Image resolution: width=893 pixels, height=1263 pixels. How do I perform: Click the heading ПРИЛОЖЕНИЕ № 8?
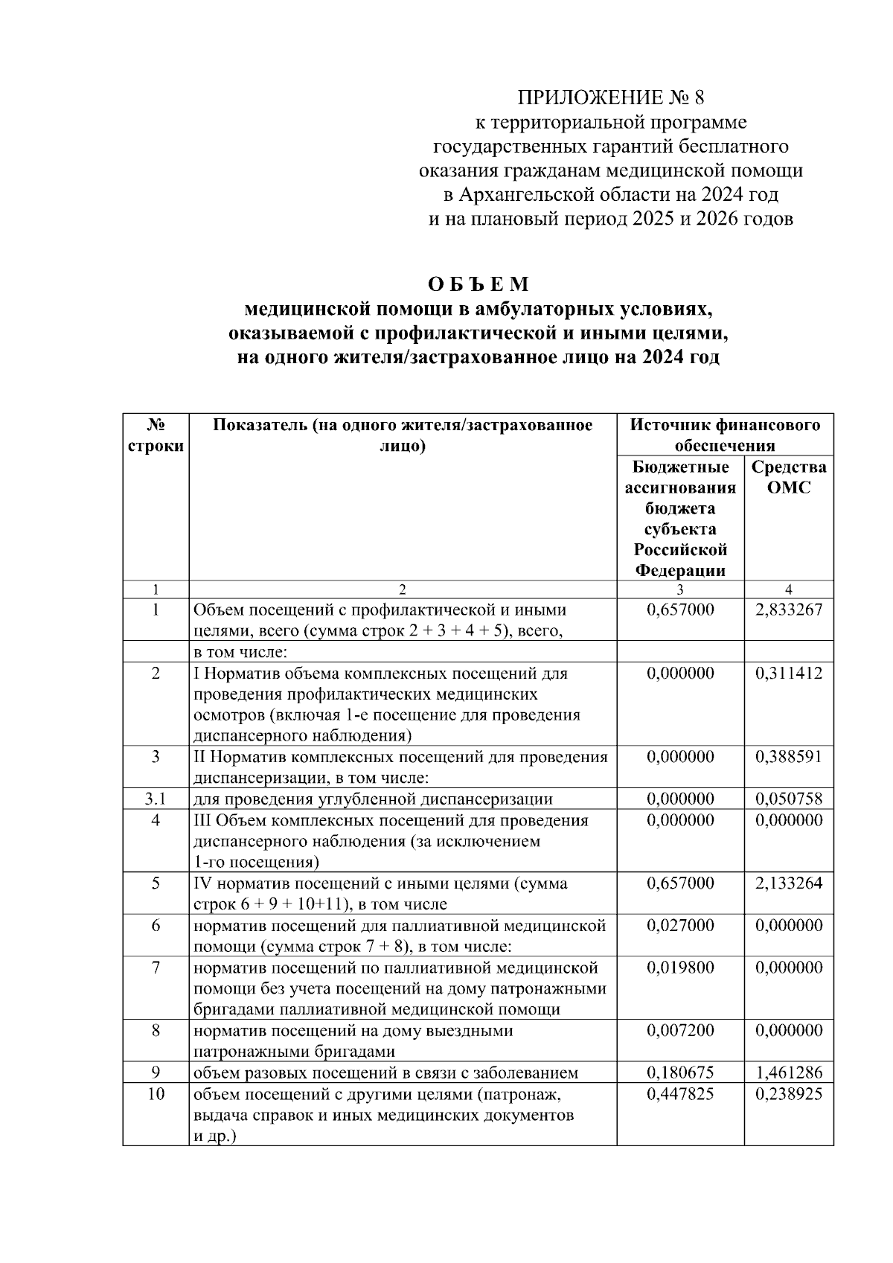tap(610, 98)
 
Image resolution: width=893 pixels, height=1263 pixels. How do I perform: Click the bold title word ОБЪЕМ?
tap(478, 285)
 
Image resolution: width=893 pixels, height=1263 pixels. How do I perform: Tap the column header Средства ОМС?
tap(789, 477)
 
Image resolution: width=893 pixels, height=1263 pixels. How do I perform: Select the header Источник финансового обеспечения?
tap(725, 435)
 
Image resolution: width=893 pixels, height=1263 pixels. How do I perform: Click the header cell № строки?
tap(156, 435)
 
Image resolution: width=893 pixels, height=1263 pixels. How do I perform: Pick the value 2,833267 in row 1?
tap(789, 610)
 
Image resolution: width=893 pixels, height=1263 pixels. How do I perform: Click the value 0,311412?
tap(789, 674)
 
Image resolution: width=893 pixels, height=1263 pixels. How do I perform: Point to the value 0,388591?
tap(789, 757)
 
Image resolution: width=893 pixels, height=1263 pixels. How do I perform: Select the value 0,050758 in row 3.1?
tap(789, 799)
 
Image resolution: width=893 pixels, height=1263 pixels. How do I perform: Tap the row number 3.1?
tap(156, 799)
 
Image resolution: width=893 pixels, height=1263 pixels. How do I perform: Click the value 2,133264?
tap(789, 883)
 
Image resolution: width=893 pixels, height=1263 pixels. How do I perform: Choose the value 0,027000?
tap(680, 926)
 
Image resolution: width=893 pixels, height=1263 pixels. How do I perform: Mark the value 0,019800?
tap(680, 968)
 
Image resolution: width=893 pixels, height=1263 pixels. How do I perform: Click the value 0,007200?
tap(680, 1031)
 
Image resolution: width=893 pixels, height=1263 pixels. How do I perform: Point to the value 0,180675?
tap(680, 1073)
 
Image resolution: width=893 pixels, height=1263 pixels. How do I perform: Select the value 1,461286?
tap(789, 1073)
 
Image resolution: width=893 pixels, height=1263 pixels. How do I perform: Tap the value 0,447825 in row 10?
tap(680, 1094)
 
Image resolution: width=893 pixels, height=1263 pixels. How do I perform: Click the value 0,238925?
tap(789, 1094)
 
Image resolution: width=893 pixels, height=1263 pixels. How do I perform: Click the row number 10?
tap(156, 1094)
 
